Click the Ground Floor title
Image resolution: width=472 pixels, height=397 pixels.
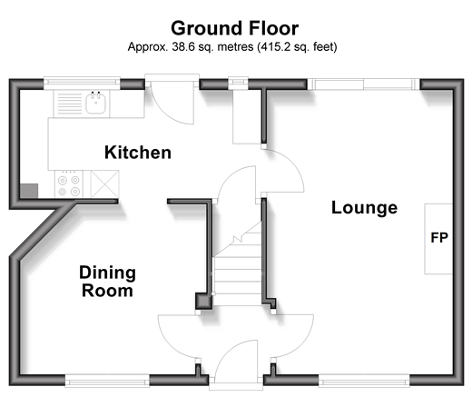pos(235,28)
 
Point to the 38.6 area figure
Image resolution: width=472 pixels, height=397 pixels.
pos(182,47)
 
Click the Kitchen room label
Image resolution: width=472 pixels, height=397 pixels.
pos(138,153)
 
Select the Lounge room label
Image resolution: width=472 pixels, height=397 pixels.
pos(364,208)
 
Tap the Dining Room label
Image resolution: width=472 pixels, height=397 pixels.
pos(107,282)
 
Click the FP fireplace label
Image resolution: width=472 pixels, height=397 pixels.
pos(439,238)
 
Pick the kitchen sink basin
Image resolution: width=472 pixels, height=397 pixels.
pos(96,103)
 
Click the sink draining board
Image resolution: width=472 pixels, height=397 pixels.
pos(70,104)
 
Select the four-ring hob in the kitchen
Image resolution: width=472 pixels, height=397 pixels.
pos(69,184)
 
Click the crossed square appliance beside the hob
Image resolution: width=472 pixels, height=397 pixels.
pos(105,184)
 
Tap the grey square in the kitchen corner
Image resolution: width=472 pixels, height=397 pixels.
pos(29,191)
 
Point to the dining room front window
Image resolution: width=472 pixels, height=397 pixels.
pos(107,381)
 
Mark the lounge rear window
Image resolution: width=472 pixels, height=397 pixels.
pos(364,84)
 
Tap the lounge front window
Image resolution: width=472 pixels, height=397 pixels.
pos(364,381)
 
